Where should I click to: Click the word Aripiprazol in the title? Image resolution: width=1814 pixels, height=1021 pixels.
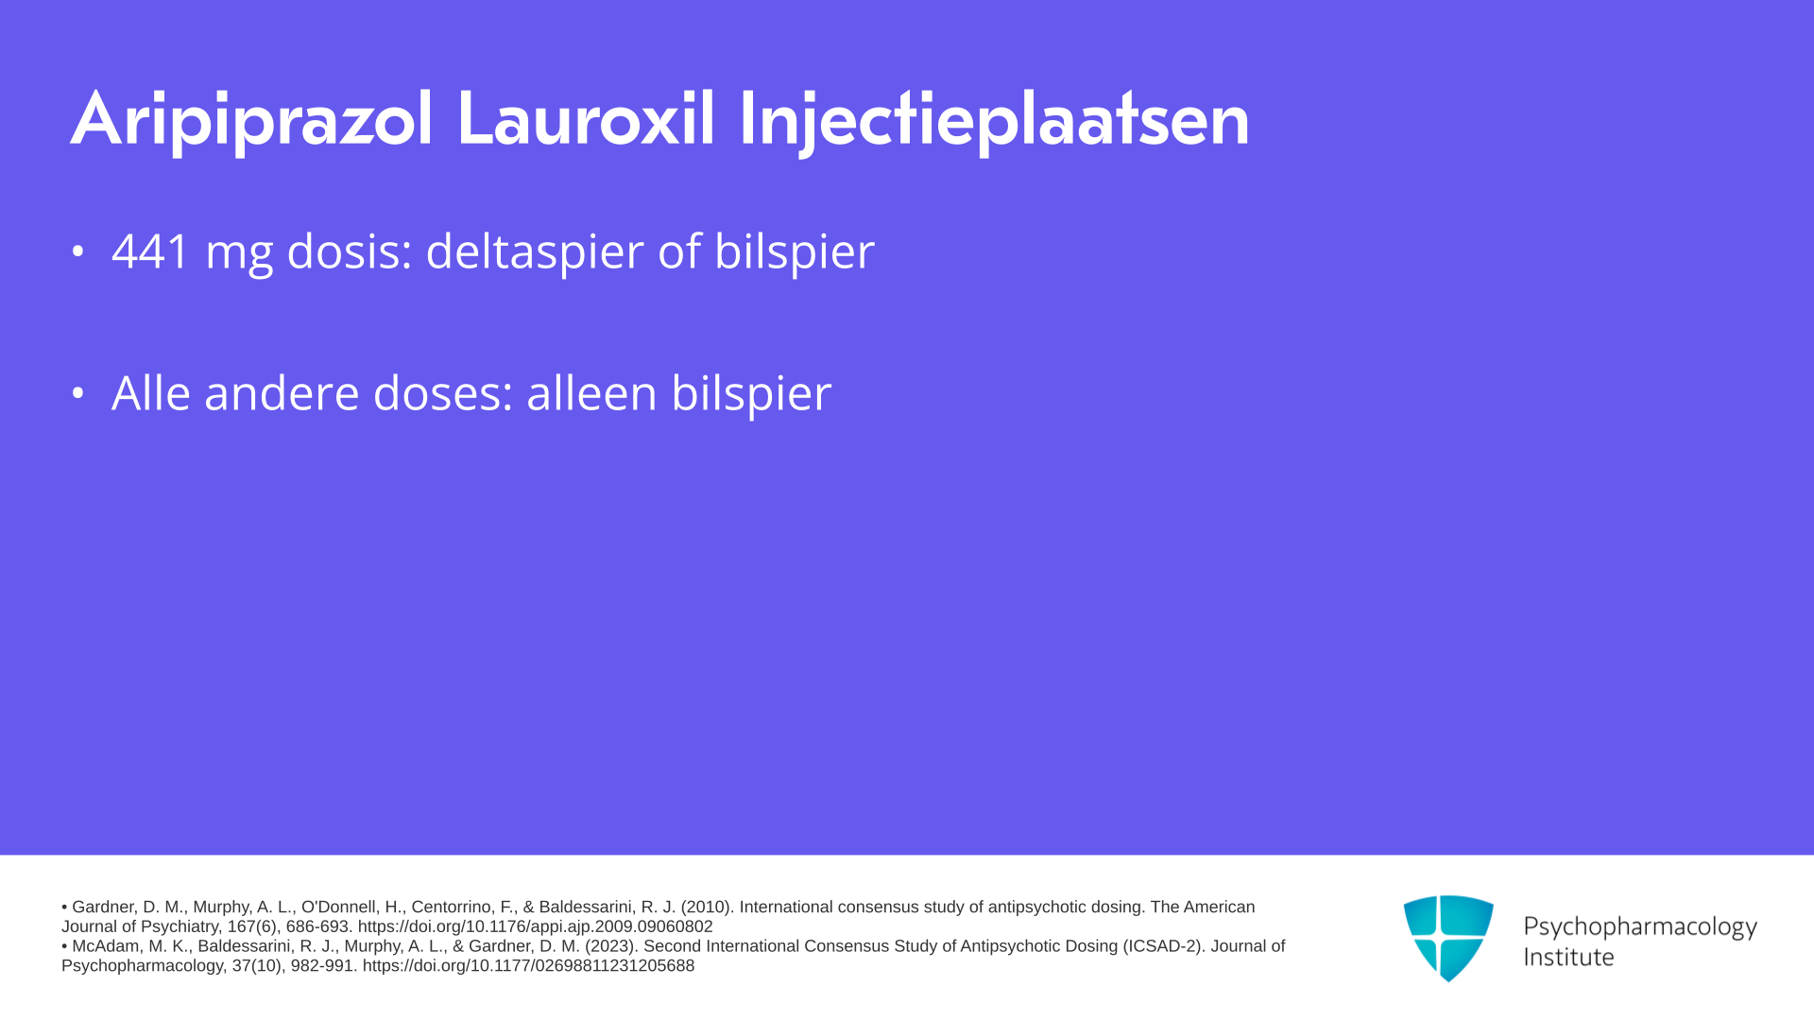[x=251, y=120]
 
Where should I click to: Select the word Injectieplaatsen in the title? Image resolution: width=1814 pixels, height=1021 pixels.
[x=994, y=121]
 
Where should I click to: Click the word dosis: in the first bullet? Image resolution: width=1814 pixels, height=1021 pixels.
[x=350, y=251]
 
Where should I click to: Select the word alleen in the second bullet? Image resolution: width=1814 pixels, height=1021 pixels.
[x=591, y=392]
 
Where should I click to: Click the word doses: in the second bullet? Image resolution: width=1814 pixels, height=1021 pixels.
[x=443, y=392]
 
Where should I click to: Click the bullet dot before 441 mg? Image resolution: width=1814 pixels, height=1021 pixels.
[x=78, y=251]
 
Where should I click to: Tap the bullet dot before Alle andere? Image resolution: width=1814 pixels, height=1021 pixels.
[x=78, y=392]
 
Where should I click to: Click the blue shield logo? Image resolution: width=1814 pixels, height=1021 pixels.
[x=1448, y=938]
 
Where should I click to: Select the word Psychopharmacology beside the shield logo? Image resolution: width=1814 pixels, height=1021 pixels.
[x=1640, y=927]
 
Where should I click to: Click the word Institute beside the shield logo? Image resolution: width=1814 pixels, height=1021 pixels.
[x=1568, y=958]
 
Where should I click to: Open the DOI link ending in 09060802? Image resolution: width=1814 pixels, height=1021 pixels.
[x=535, y=927]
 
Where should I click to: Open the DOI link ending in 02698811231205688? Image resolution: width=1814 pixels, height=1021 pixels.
[x=528, y=966]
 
